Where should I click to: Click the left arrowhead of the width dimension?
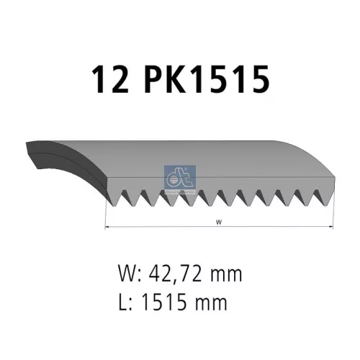tap(109, 227)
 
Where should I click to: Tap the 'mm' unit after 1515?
tap(212, 302)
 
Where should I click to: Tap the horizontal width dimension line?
tap(166, 227)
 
